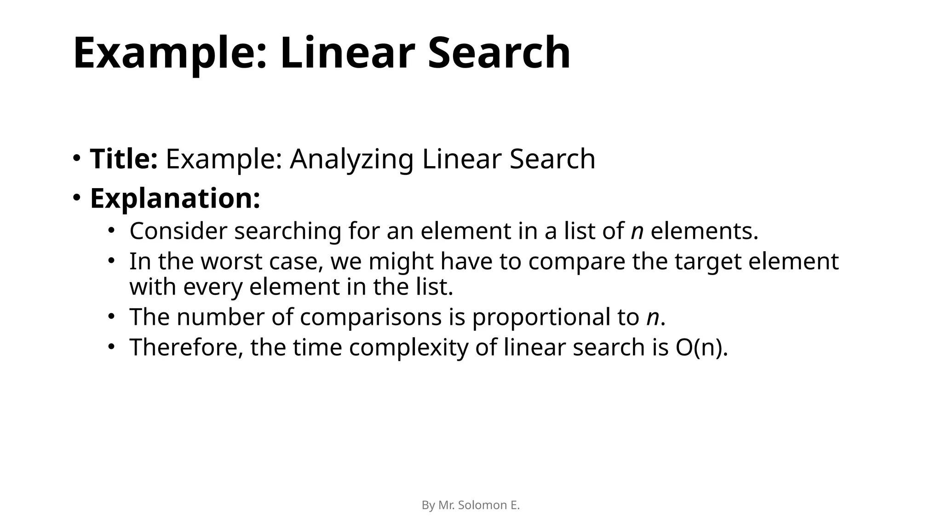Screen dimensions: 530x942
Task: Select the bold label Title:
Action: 124,159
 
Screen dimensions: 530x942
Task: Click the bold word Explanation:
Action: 175,198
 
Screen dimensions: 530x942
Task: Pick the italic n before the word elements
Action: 637,231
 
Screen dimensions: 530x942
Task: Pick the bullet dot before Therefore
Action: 111,346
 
